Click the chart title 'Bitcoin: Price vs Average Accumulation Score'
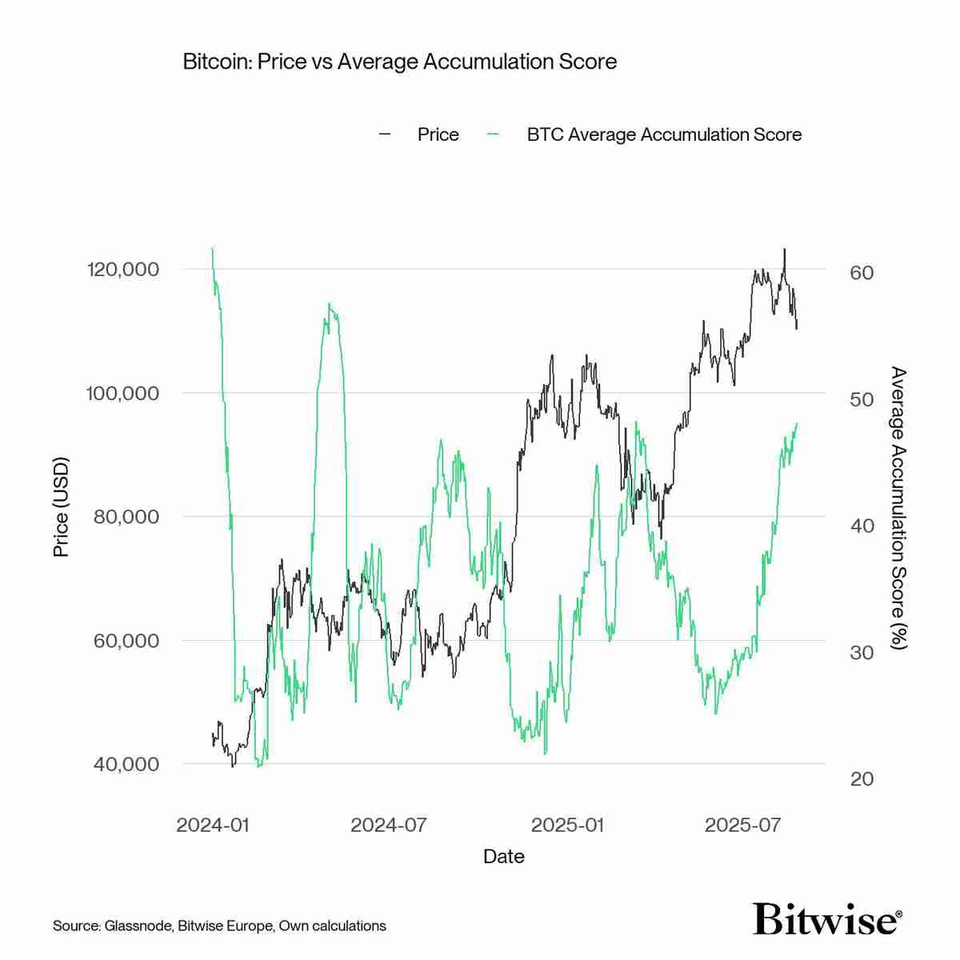[x=399, y=62]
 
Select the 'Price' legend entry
[x=438, y=134]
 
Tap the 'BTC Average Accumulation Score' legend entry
[x=663, y=134]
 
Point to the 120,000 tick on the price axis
[x=122, y=269]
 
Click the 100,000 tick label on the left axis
[x=122, y=393]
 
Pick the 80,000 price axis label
[x=126, y=517]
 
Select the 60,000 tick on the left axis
[x=126, y=641]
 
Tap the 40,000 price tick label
[x=126, y=764]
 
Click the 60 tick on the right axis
[x=862, y=273]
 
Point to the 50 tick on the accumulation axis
[x=862, y=399]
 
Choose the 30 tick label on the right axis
[x=862, y=653]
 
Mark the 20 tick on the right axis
[x=862, y=779]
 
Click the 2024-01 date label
[x=213, y=825]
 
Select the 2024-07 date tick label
[x=389, y=825]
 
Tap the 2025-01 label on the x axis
[x=568, y=825]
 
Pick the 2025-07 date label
[x=742, y=825]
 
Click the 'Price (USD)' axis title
[x=61, y=507]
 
